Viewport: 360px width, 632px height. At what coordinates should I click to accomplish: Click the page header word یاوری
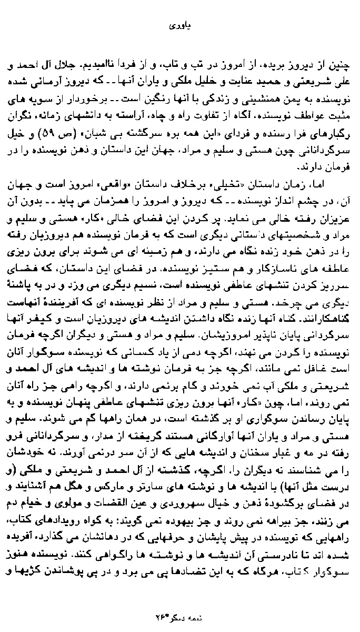point(179,25)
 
